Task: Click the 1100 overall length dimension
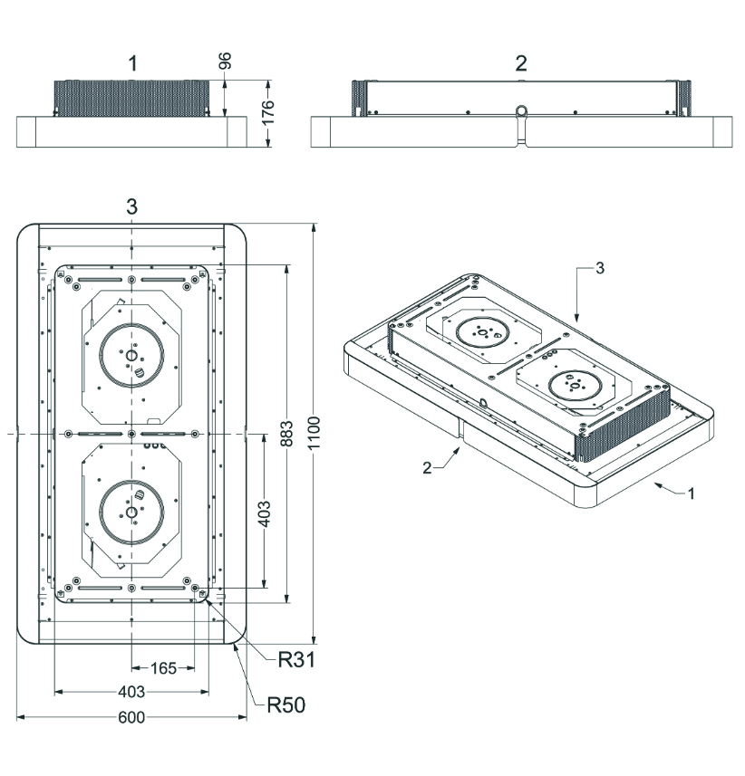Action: tap(314, 433)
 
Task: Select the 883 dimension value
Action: tap(286, 434)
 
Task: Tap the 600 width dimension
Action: tap(131, 717)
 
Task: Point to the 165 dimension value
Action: tap(163, 668)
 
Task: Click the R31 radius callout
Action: tap(296, 660)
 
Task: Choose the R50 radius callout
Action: tap(285, 705)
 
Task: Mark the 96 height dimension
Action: tap(225, 61)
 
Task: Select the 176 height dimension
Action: tap(267, 112)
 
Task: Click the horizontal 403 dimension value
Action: tap(131, 692)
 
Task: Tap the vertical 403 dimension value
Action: tap(265, 513)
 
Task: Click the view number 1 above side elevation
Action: tap(132, 63)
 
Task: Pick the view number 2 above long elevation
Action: tap(520, 63)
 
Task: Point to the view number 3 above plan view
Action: tap(131, 206)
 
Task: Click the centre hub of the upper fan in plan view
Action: tap(131, 355)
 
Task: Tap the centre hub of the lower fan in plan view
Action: tap(131, 513)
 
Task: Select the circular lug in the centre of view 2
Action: tap(521, 110)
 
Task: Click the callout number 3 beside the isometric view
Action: tap(600, 268)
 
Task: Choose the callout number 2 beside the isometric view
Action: tap(427, 467)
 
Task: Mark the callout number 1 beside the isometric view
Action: tap(692, 493)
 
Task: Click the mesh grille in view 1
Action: tap(131, 98)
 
